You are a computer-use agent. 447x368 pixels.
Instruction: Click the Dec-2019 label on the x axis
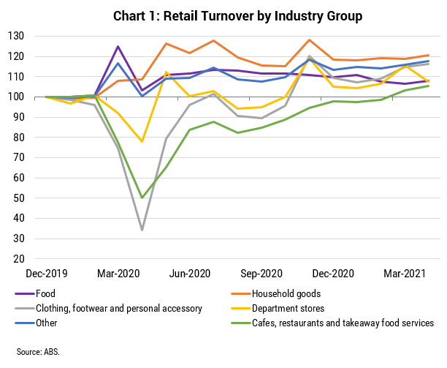(47, 274)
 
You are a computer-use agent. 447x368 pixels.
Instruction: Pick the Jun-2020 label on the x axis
(190, 274)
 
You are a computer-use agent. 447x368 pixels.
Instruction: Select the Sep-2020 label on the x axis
(261, 274)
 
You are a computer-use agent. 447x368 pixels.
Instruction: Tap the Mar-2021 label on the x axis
(404, 274)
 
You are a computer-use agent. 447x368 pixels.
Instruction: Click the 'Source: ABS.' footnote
(39, 350)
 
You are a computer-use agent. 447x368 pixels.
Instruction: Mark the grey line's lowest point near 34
(142, 230)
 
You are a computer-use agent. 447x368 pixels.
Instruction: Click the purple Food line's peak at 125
(118, 46)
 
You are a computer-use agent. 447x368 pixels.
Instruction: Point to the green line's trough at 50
(142, 198)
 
